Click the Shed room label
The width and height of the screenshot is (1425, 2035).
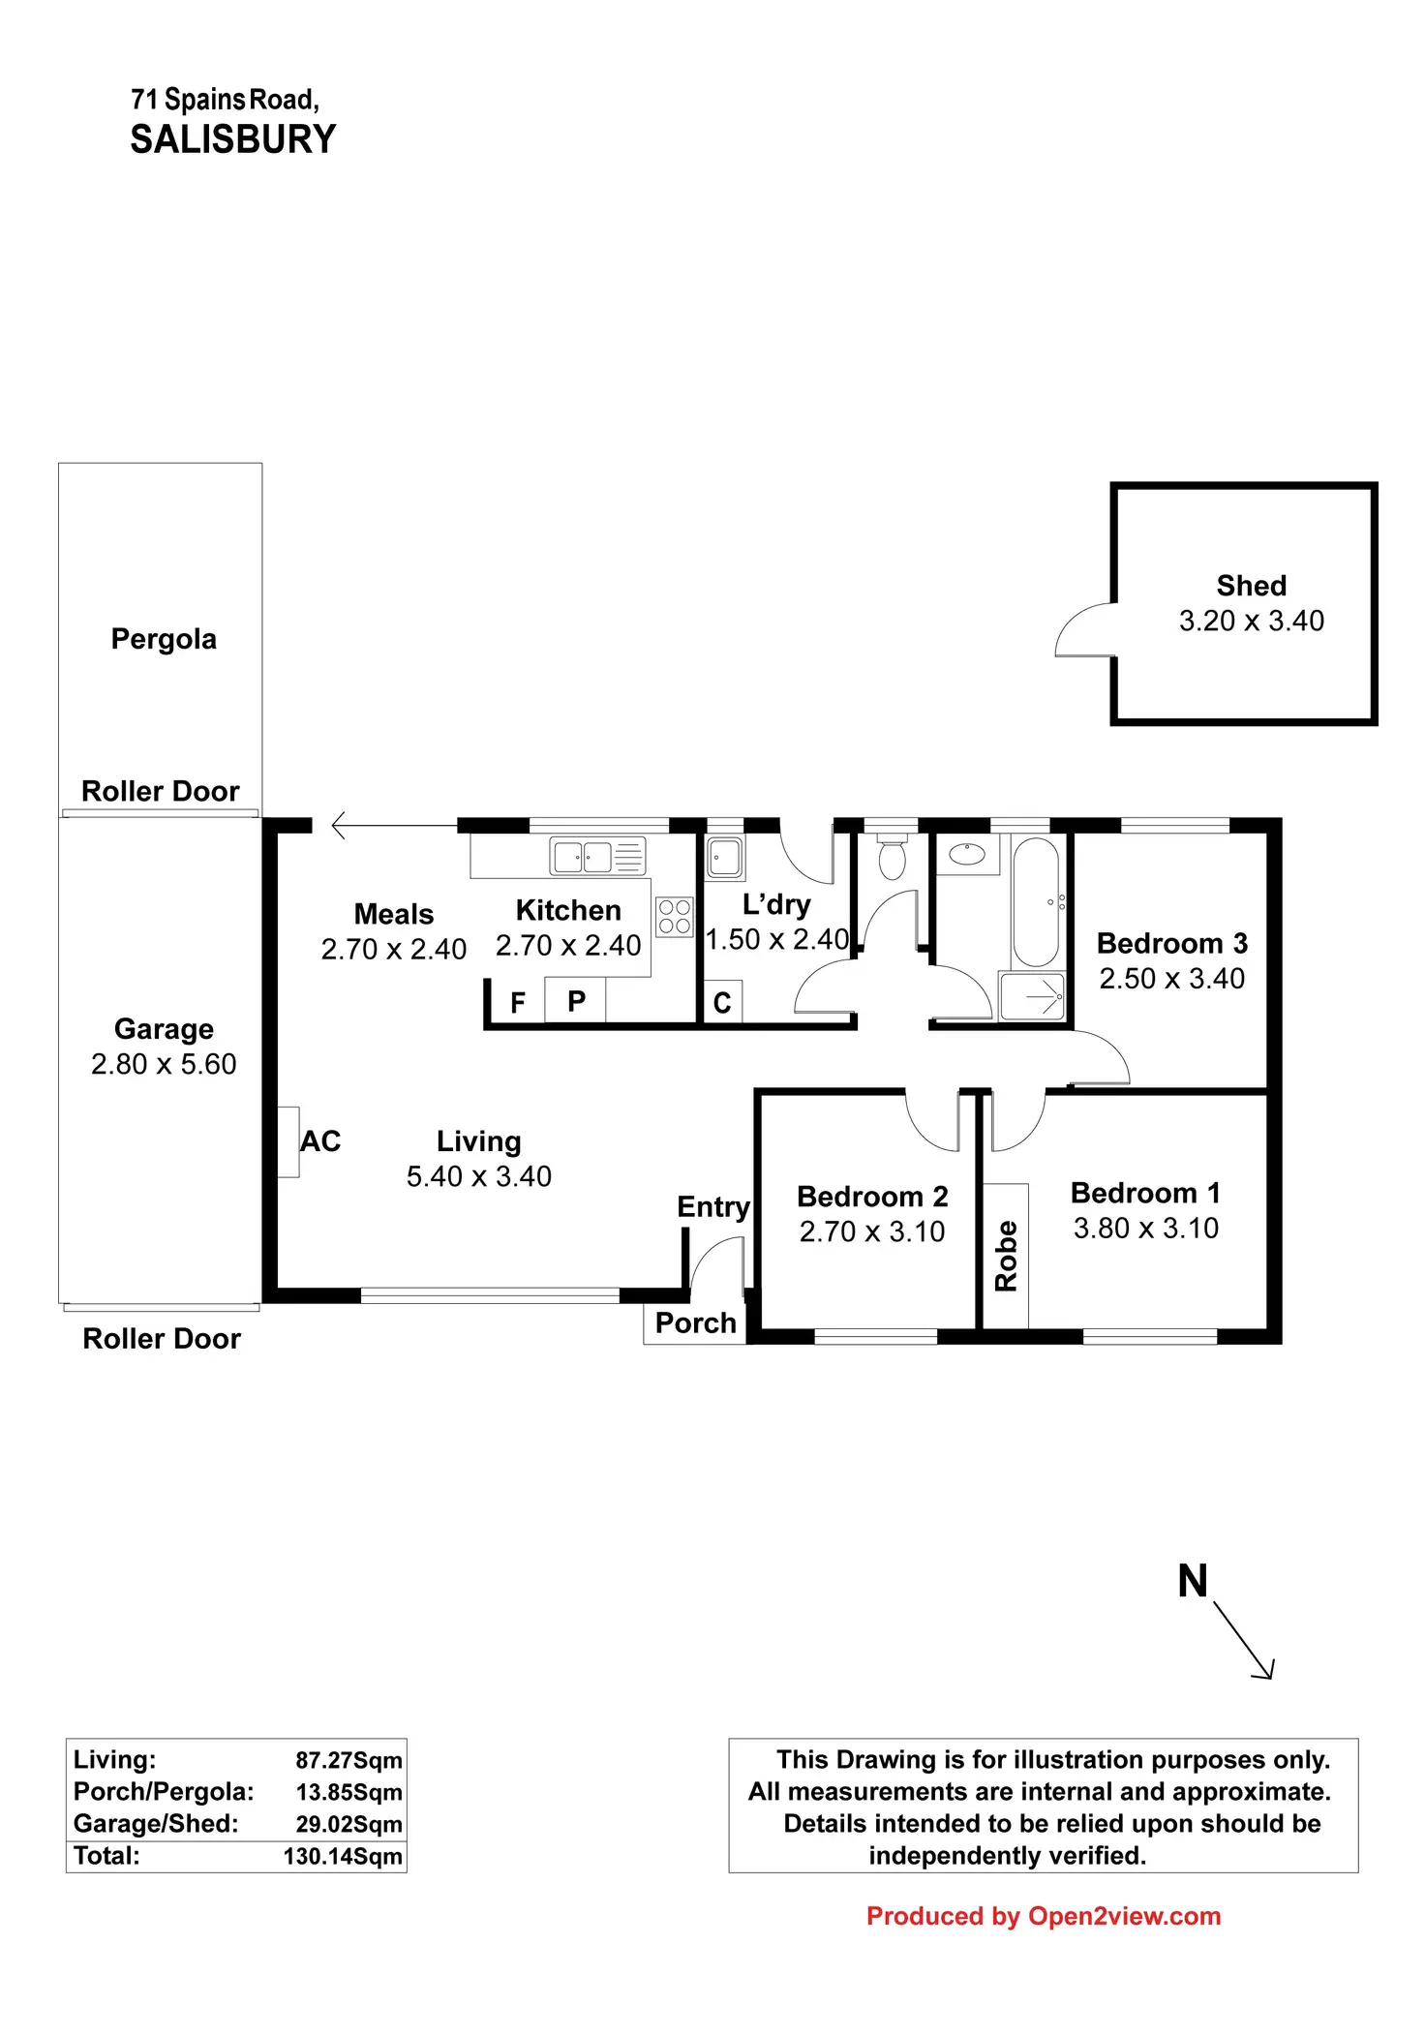pos(1251,586)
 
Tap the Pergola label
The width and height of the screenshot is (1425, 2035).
pos(164,639)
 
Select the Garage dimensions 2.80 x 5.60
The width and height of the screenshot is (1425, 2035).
pos(164,1064)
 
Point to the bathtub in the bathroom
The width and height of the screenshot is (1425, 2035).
pos(1035,901)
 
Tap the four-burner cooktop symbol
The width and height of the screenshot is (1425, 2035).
pos(675,917)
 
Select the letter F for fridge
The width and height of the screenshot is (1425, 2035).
pos(518,1002)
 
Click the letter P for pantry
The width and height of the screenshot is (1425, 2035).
pos(576,1001)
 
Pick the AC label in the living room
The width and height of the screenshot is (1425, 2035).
pos(320,1141)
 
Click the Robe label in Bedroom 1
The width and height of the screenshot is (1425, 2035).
pos(1006,1256)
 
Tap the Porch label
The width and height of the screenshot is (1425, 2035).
pos(695,1322)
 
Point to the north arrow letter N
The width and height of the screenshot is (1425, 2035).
pos(1193,1581)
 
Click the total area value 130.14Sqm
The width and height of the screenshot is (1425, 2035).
pos(343,1856)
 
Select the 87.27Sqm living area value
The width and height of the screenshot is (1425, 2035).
pos(349,1760)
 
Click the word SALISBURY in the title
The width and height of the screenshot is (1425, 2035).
pos(233,139)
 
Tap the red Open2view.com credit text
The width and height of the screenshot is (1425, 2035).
pos(1044,1916)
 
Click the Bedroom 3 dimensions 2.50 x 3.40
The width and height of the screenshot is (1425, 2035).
pos(1171,978)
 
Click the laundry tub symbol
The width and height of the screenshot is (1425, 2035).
pos(724,857)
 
